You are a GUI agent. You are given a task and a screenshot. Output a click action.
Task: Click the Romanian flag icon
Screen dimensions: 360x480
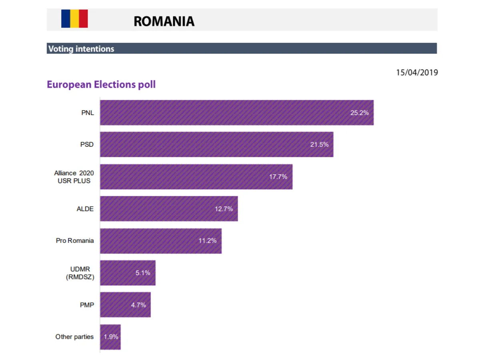coord(74,19)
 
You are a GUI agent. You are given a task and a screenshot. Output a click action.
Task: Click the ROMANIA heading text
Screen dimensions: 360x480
coord(164,21)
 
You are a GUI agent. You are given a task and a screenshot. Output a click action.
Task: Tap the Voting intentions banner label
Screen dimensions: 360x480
coord(81,49)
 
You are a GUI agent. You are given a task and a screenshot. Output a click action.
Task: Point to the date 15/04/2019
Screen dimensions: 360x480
coord(417,73)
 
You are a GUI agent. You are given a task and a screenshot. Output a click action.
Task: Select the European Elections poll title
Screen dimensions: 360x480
coord(101,85)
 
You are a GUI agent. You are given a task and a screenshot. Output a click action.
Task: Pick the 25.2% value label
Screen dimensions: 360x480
coord(359,113)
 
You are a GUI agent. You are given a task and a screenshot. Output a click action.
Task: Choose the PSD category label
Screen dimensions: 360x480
coord(87,144)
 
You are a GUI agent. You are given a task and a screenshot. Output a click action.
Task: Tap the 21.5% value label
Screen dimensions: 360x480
coord(319,144)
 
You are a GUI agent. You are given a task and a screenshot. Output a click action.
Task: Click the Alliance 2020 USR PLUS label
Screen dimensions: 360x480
coord(74,177)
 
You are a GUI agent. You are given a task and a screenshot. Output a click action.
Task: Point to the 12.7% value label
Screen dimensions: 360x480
coord(224,208)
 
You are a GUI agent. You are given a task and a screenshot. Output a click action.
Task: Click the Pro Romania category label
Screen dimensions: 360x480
coord(75,241)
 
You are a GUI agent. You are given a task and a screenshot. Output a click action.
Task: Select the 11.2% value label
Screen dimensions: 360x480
coord(207,241)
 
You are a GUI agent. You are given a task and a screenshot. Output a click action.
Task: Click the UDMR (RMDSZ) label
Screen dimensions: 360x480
coord(80,273)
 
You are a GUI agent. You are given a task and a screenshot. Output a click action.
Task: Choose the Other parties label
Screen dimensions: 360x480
coord(74,337)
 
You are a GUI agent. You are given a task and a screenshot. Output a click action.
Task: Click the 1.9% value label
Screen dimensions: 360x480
coord(111,337)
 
